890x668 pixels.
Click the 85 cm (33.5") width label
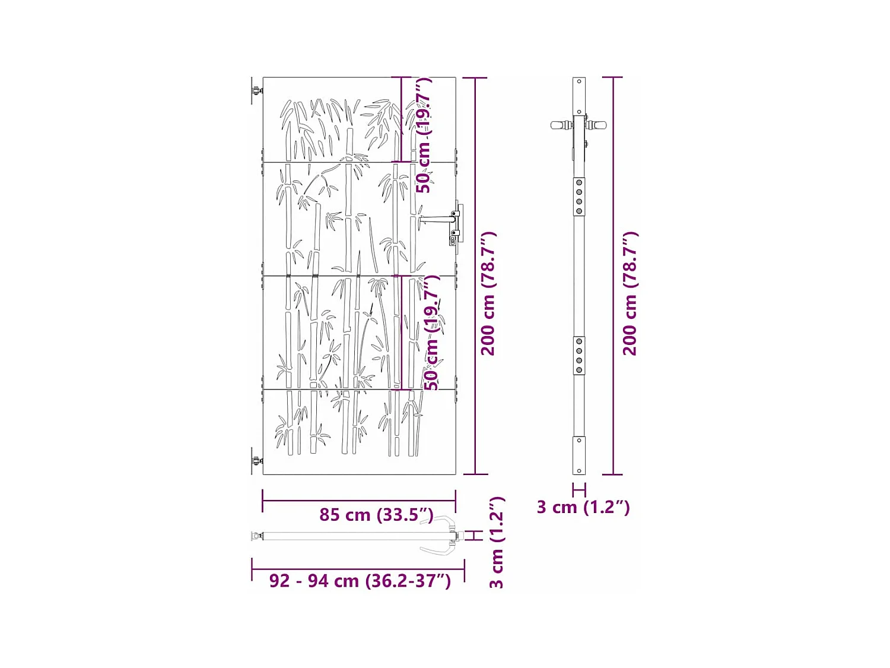pos(376,514)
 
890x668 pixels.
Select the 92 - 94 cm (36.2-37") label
pos(360,580)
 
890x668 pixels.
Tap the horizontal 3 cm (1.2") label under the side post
pos(583,507)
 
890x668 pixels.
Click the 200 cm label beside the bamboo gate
pos(488,294)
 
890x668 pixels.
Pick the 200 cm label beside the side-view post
pos(630,294)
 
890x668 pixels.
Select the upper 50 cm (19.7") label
pos(424,135)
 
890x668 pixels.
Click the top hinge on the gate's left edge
pos(256,91)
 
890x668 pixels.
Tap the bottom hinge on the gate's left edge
pos(256,461)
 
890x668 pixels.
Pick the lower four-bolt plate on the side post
pos(579,356)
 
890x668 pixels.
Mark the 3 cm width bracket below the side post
pos(579,490)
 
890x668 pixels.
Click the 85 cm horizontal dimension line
pos(359,500)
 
